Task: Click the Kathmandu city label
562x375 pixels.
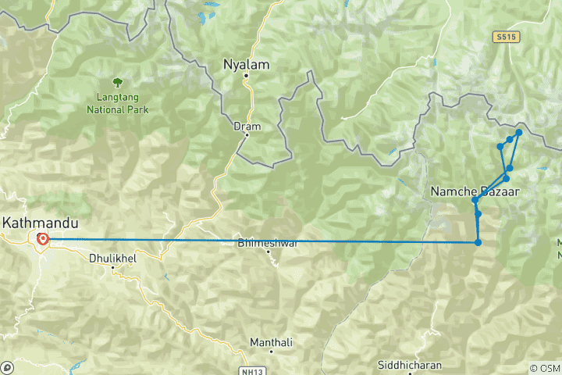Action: [x=35, y=223]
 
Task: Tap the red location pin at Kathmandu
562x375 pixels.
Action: [x=42, y=239]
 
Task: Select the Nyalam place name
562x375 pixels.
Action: [x=247, y=64]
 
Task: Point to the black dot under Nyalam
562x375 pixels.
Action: [x=246, y=76]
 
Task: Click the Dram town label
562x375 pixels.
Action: [x=247, y=126]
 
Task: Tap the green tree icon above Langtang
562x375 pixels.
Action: [x=117, y=81]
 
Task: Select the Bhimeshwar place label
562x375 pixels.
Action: [x=268, y=244]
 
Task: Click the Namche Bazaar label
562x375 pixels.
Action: [x=475, y=191]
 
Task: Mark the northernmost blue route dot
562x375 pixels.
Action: [x=519, y=133]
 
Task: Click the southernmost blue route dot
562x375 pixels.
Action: [x=478, y=242]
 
